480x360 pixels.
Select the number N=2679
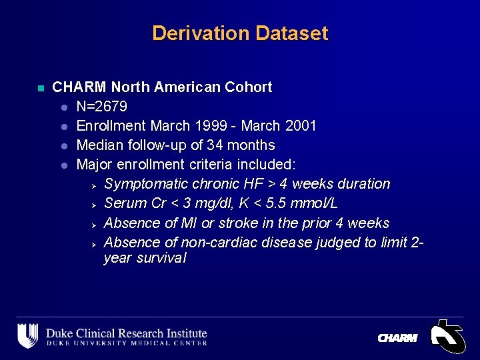pos(102,107)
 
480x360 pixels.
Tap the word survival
pos(161,258)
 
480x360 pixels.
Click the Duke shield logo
pos(27,335)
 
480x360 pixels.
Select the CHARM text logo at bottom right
pos(397,339)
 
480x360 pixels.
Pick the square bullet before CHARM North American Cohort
pos(40,88)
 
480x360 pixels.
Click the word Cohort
pos(248,87)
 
